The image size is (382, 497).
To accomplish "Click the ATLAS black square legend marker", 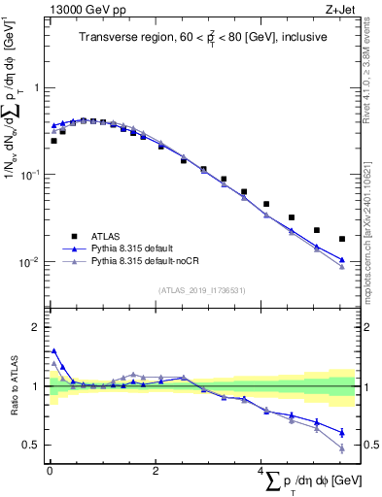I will click(x=73, y=235).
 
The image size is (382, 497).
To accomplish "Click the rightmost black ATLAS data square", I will click(x=341, y=239).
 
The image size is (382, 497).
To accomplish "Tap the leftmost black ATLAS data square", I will click(x=53, y=141).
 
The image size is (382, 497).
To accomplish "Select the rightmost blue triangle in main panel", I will click(x=341, y=260).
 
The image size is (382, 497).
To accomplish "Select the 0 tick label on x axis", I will click(x=49, y=471).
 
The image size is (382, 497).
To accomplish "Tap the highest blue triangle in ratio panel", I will click(x=53, y=351).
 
